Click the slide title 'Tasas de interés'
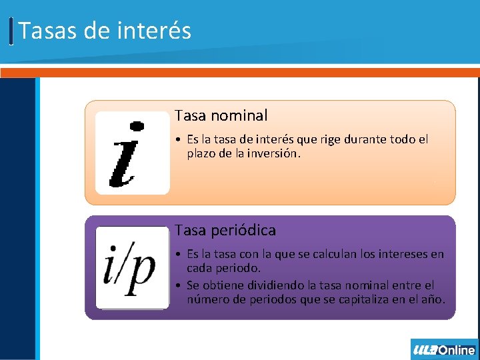point(105,31)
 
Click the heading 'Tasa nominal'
point(221,115)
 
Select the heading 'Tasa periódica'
point(225,230)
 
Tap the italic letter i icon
point(132,153)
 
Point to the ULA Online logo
point(444,349)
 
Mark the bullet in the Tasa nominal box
point(179,140)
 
